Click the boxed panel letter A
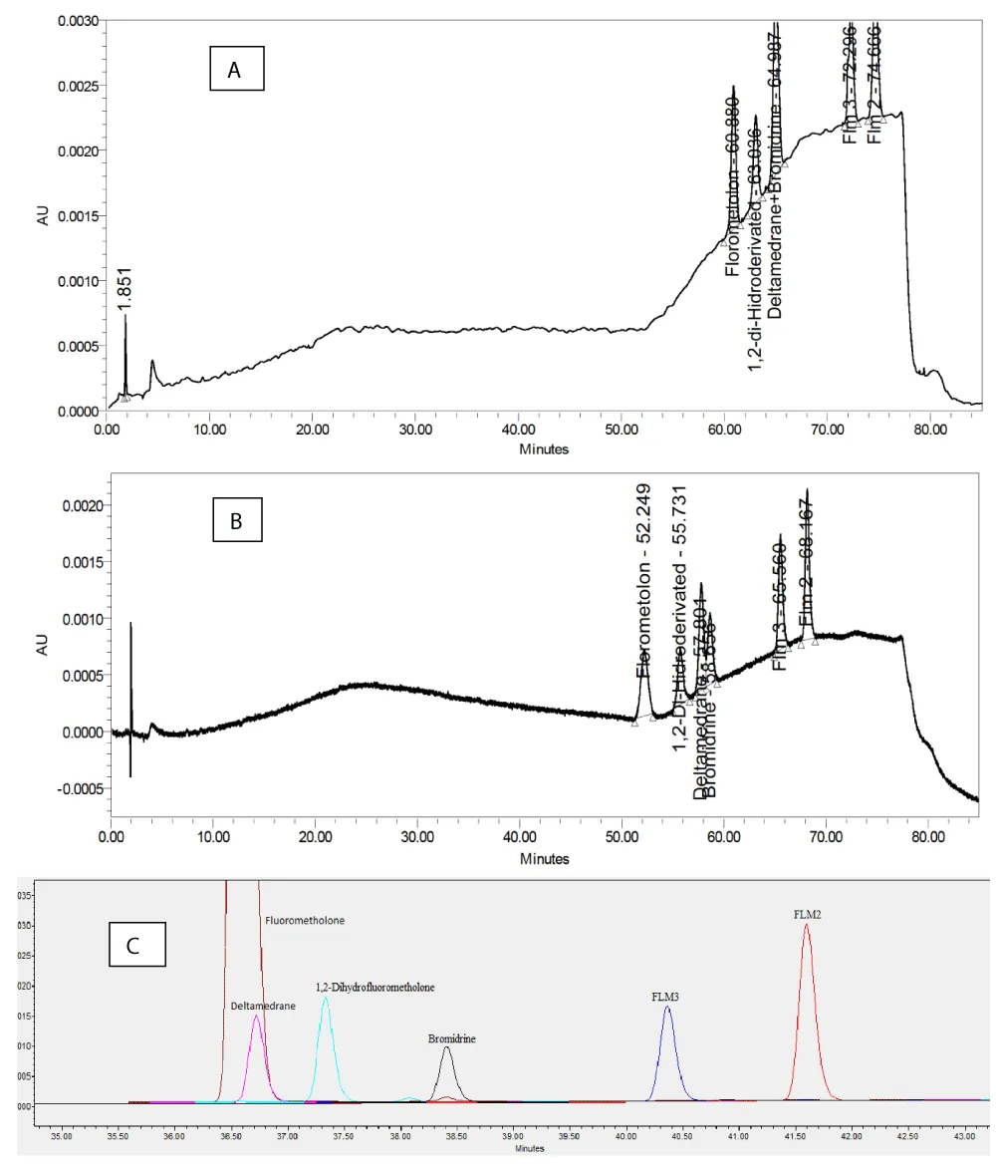[234, 70]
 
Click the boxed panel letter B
[238, 521]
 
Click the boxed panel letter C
[137, 944]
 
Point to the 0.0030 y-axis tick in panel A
[76, 21]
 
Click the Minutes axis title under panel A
[544, 449]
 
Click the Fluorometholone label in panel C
[305, 921]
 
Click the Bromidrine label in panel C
[451, 1038]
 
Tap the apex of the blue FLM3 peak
[667, 1008]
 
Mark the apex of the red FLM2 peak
[807, 925]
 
